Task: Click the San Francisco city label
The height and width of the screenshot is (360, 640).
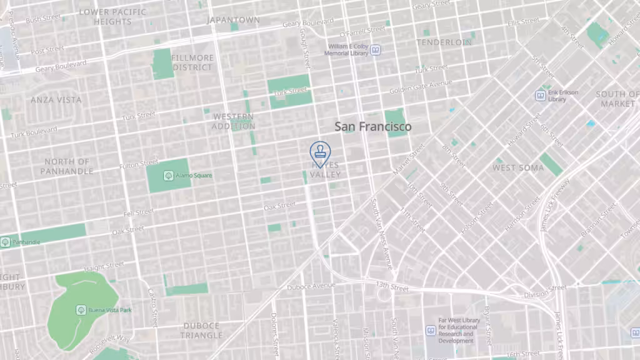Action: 373,126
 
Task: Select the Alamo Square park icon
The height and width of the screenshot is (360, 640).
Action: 168,176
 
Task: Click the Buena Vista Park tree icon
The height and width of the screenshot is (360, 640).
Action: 81,310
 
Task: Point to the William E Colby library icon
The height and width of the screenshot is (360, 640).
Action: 376,50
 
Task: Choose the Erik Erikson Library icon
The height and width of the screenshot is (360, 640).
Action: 541,96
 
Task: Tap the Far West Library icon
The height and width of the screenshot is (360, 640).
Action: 431,331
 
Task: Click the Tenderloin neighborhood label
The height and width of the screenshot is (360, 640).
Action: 444,42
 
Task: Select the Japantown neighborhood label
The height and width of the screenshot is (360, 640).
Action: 233,20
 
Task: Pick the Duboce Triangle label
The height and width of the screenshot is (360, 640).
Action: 202,331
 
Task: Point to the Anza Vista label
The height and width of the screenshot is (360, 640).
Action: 56,100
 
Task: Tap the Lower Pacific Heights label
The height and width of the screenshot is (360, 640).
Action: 112,17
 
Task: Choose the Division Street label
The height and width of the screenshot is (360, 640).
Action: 544,291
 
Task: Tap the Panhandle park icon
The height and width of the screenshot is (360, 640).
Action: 6,241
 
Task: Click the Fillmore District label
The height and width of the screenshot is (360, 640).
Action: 192,62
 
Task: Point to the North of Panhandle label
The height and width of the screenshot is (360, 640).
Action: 67,166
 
